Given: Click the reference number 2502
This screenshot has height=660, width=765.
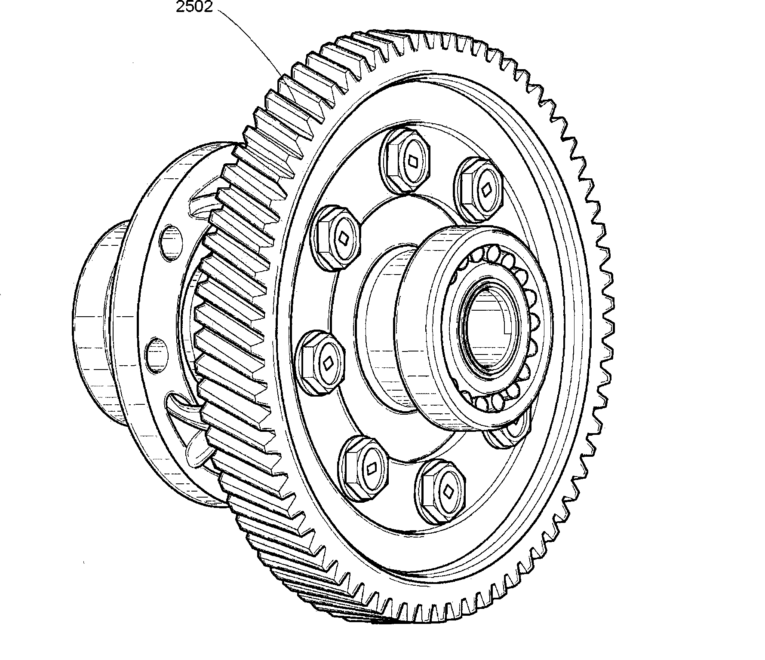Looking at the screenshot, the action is [194, 7].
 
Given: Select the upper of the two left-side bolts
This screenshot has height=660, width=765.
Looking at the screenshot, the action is [337, 237].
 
